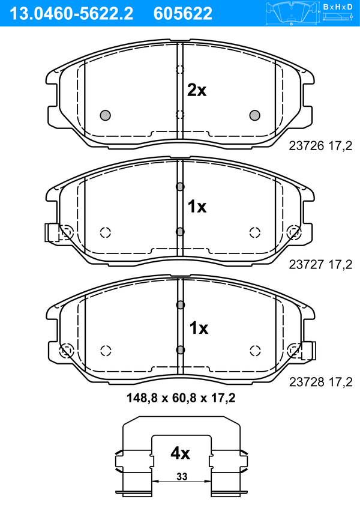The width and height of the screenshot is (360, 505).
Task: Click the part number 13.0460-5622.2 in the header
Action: tap(71, 13)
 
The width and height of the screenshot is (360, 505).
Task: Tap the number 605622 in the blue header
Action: tap(183, 13)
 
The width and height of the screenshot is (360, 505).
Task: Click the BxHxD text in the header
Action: tap(338, 7)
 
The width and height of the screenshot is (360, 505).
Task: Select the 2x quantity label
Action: tap(197, 91)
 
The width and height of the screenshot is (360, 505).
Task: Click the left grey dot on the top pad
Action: tap(105, 115)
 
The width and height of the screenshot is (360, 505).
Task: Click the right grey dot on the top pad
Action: tap(255, 115)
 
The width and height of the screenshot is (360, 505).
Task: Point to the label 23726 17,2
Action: tap(320, 146)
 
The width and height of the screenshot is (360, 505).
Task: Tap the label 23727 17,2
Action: tap(320, 264)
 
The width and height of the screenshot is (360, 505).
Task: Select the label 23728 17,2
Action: tap(320, 382)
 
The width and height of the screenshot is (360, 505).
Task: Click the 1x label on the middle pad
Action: tap(197, 207)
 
